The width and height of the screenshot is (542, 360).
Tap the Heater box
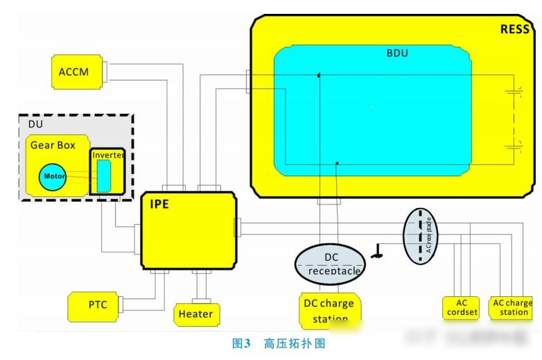pyautogui.click(x=195, y=314)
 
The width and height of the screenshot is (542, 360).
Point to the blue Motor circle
pyautogui.click(x=54, y=176)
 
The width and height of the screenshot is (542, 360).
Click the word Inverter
pyautogui.click(x=108, y=155)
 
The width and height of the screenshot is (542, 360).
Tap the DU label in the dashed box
pyautogui.click(x=35, y=123)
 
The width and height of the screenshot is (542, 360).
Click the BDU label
pyautogui.click(x=396, y=53)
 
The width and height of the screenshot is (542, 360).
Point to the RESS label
pyautogui.click(x=515, y=29)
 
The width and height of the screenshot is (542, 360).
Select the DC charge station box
pyautogui.click(x=328, y=310)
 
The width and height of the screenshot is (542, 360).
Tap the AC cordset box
pyautogui.click(x=462, y=307)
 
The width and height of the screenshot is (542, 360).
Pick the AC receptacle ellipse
pyautogui.click(x=423, y=236)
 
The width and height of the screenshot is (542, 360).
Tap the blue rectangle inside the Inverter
pyautogui.click(x=103, y=175)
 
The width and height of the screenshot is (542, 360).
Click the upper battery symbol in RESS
pyautogui.click(x=514, y=90)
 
